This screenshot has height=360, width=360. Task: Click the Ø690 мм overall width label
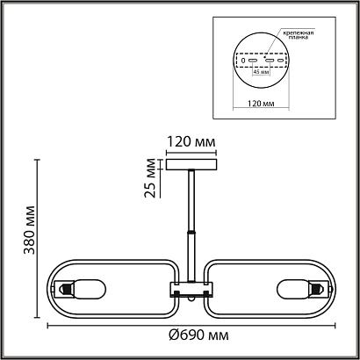(x=198, y=335)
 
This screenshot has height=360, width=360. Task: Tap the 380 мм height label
(x=30, y=230)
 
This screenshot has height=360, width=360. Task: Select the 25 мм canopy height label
(x=150, y=178)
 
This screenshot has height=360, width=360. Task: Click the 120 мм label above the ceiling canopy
(x=191, y=142)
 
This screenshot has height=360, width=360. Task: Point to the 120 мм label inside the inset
(x=261, y=104)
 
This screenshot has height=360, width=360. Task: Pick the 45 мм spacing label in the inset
(x=261, y=72)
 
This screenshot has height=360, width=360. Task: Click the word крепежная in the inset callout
(x=298, y=32)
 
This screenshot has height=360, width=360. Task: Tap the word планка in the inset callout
(x=298, y=37)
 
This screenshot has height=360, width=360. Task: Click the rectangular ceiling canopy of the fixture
(x=191, y=164)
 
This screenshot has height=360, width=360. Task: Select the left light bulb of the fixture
(x=90, y=289)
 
